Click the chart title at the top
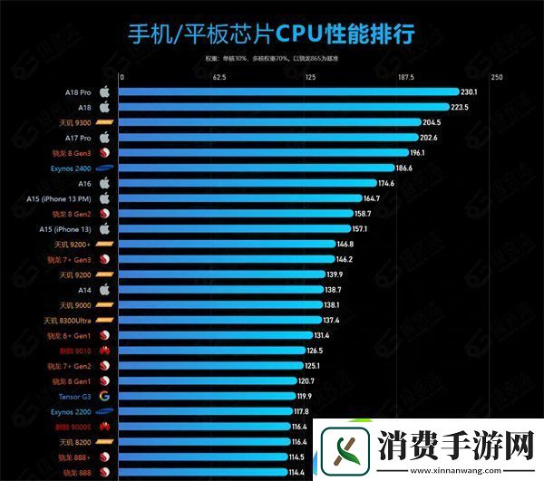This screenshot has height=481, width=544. (x=271, y=34)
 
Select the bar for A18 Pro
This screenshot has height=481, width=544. (x=289, y=91)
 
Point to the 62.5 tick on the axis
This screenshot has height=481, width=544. (x=219, y=77)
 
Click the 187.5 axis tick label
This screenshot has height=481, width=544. (x=404, y=77)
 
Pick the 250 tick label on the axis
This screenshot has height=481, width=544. (x=497, y=77)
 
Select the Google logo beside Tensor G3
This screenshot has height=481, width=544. (x=104, y=396)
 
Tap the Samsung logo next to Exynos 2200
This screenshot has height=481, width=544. (x=104, y=411)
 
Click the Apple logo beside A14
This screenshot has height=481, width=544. (x=104, y=290)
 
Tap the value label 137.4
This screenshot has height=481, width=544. (x=332, y=320)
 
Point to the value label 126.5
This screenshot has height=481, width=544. (x=315, y=351)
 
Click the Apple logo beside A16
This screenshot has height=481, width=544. (x=104, y=183)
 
